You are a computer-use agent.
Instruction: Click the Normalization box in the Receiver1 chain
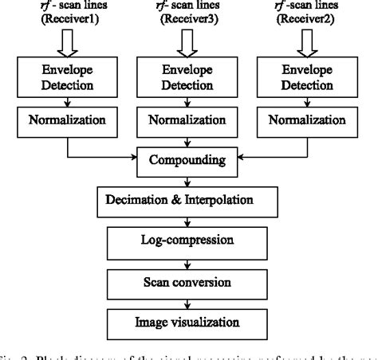click(61, 123)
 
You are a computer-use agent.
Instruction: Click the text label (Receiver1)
click(61, 21)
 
